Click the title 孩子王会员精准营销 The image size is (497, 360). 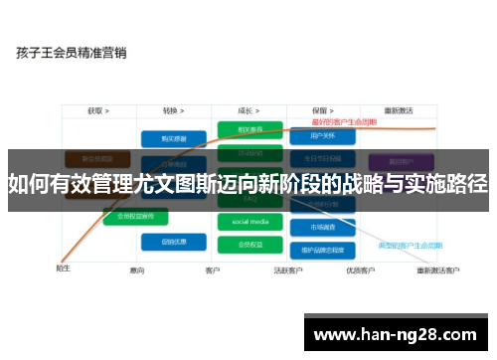pyautogui.click(x=71, y=53)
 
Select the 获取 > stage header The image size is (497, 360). pyautogui.click(x=97, y=111)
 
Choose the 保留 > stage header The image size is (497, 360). pyautogui.click(x=321, y=111)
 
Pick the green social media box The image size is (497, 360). pyautogui.click(x=249, y=221)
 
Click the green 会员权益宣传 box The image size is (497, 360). pyautogui.click(x=136, y=216)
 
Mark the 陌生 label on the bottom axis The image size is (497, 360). pyautogui.click(x=63, y=268)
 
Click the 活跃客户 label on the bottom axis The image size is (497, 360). pyautogui.click(x=287, y=270)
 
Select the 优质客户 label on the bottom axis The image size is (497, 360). pyautogui.click(x=359, y=270)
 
